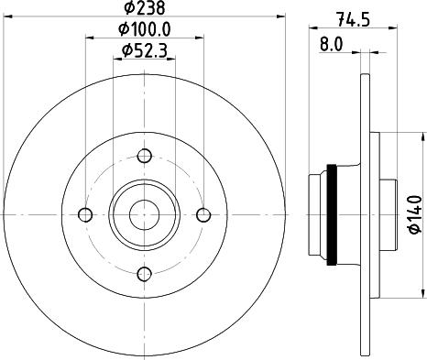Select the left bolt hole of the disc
point(86,214)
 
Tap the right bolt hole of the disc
point(203,214)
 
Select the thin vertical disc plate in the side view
point(367,214)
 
